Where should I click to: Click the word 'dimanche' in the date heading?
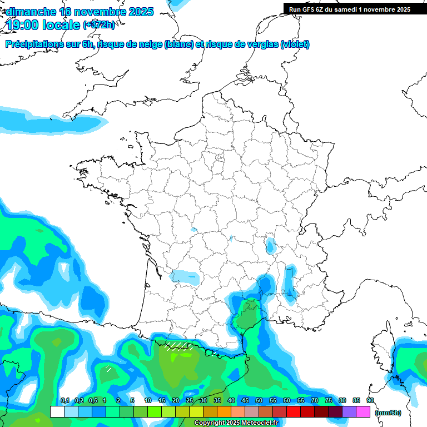(x=31, y=12)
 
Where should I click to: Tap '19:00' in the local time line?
(x=22, y=24)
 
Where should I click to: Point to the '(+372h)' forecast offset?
(x=98, y=25)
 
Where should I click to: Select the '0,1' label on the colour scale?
(x=64, y=401)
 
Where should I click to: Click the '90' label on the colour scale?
(x=370, y=401)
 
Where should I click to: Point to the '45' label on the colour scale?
(x=245, y=401)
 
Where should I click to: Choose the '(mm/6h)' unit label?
(x=388, y=413)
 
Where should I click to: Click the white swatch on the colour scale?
(x=57, y=411)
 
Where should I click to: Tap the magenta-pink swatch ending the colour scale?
(x=363, y=411)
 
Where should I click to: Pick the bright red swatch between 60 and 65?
(x=294, y=411)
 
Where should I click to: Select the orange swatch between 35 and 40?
(x=224, y=411)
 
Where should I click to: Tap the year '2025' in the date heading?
(x=140, y=12)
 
